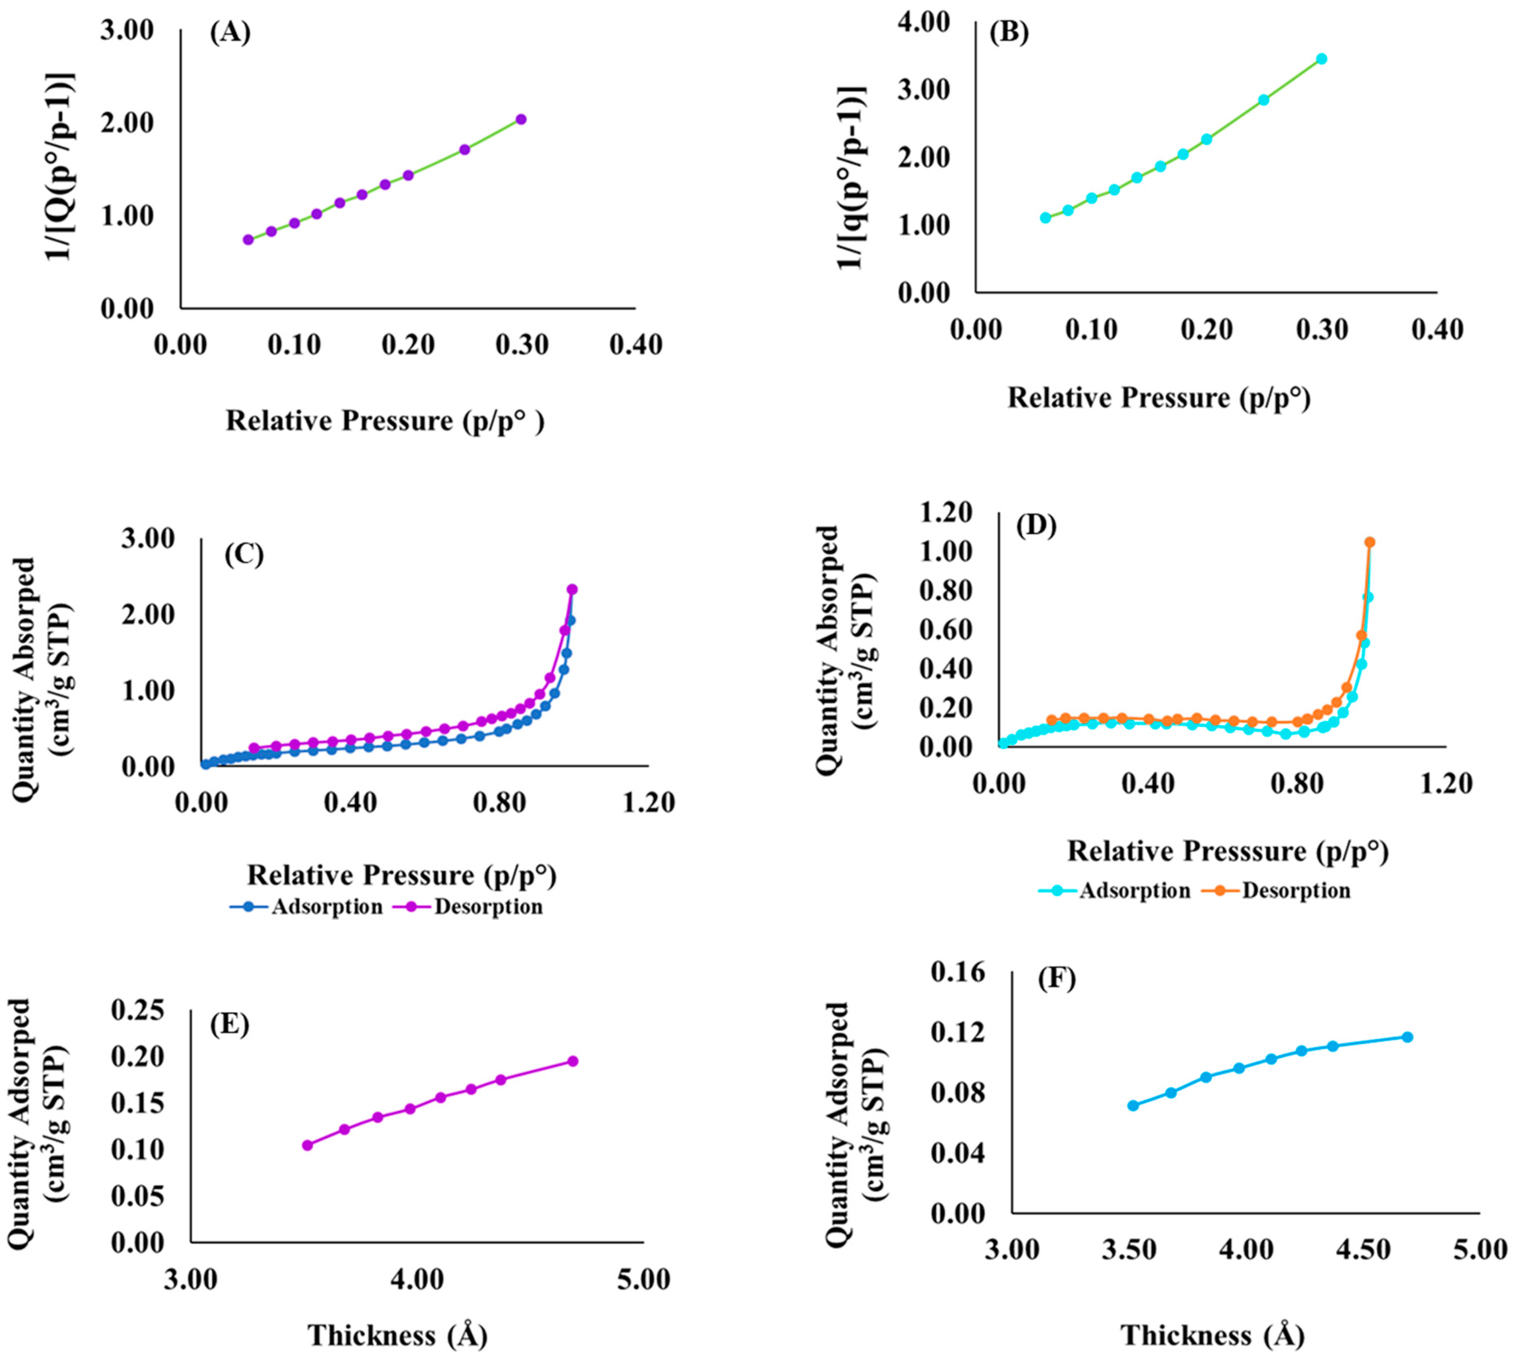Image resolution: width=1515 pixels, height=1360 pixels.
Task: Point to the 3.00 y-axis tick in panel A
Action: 127,31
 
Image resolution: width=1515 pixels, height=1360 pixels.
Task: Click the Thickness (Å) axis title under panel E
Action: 398,1335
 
